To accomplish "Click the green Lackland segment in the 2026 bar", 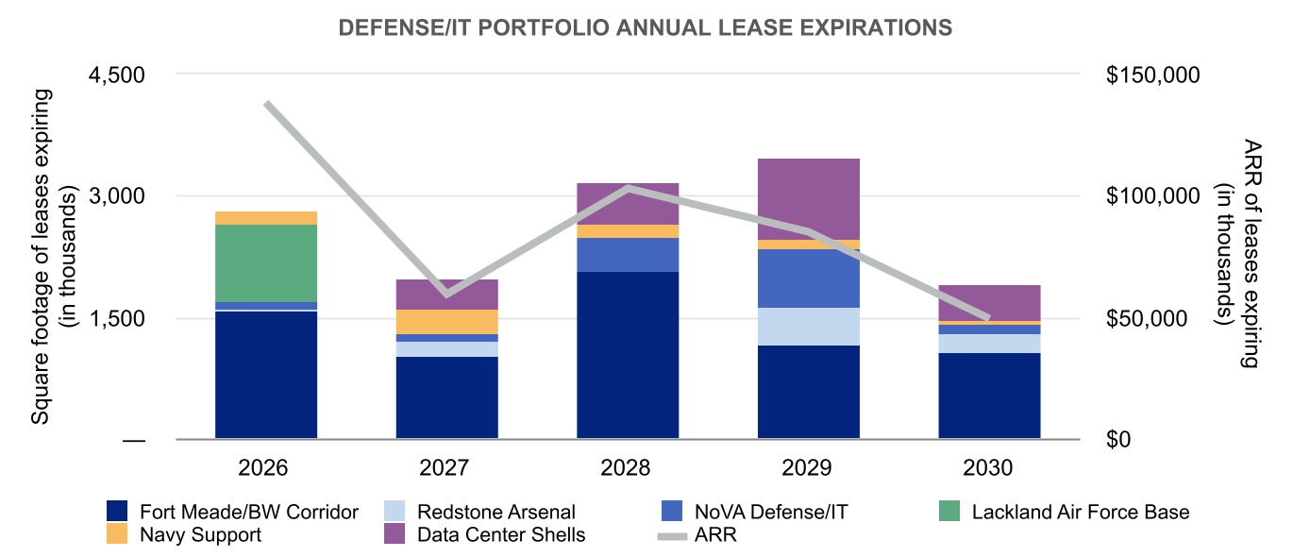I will tap(266, 263).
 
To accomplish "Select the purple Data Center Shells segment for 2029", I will tap(809, 198).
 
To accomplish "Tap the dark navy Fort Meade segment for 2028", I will tap(628, 355).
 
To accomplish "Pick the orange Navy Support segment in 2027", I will tap(446, 321).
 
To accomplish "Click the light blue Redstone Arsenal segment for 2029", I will tap(809, 327).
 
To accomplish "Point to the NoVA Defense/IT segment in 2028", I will tap(628, 255).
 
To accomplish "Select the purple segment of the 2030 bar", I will tap(989, 302).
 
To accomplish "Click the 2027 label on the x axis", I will tap(446, 469).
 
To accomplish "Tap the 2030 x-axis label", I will tap(989, 469).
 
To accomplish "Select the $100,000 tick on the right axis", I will tap(1150, 196).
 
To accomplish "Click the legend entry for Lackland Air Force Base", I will tap(1080, 513).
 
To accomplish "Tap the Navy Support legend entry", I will tap(200, 535).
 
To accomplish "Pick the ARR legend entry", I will tap(714, 535).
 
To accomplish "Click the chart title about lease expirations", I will tap(646, 28).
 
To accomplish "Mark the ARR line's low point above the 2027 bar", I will tap(446, 293).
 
